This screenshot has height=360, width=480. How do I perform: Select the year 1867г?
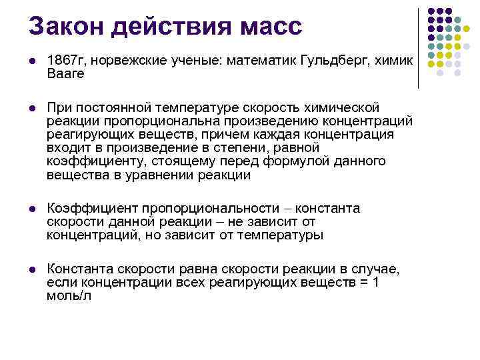coord(67,61)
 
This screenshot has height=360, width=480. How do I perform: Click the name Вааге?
coord(66,73)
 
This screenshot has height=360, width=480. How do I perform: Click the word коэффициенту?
coord(93,161)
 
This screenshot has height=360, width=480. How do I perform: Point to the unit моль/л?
coord(69,295)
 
